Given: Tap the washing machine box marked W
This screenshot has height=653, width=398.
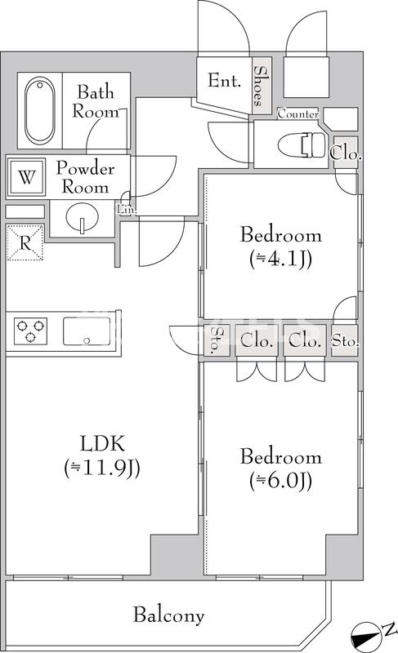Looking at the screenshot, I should tap(27, 178).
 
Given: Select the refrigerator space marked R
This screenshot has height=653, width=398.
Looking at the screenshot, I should tap(25, 242).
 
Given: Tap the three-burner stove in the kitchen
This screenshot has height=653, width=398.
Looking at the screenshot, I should tap(32, 331).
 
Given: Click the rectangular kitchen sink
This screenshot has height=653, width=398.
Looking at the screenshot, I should tap(87, 331).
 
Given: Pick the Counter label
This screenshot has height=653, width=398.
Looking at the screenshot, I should tap(298, 114).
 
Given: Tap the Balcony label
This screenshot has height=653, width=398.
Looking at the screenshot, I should tap(169, 615).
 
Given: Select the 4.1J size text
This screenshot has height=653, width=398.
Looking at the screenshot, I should tap(280, 260).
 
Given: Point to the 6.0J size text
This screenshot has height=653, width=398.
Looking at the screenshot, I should tap(280, 481).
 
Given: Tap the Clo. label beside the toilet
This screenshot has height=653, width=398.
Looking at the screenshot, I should tap(346, 152).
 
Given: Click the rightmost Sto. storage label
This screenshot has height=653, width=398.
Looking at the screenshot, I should tap(345, 342).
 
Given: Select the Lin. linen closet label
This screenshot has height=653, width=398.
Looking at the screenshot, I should tap(127, 209).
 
